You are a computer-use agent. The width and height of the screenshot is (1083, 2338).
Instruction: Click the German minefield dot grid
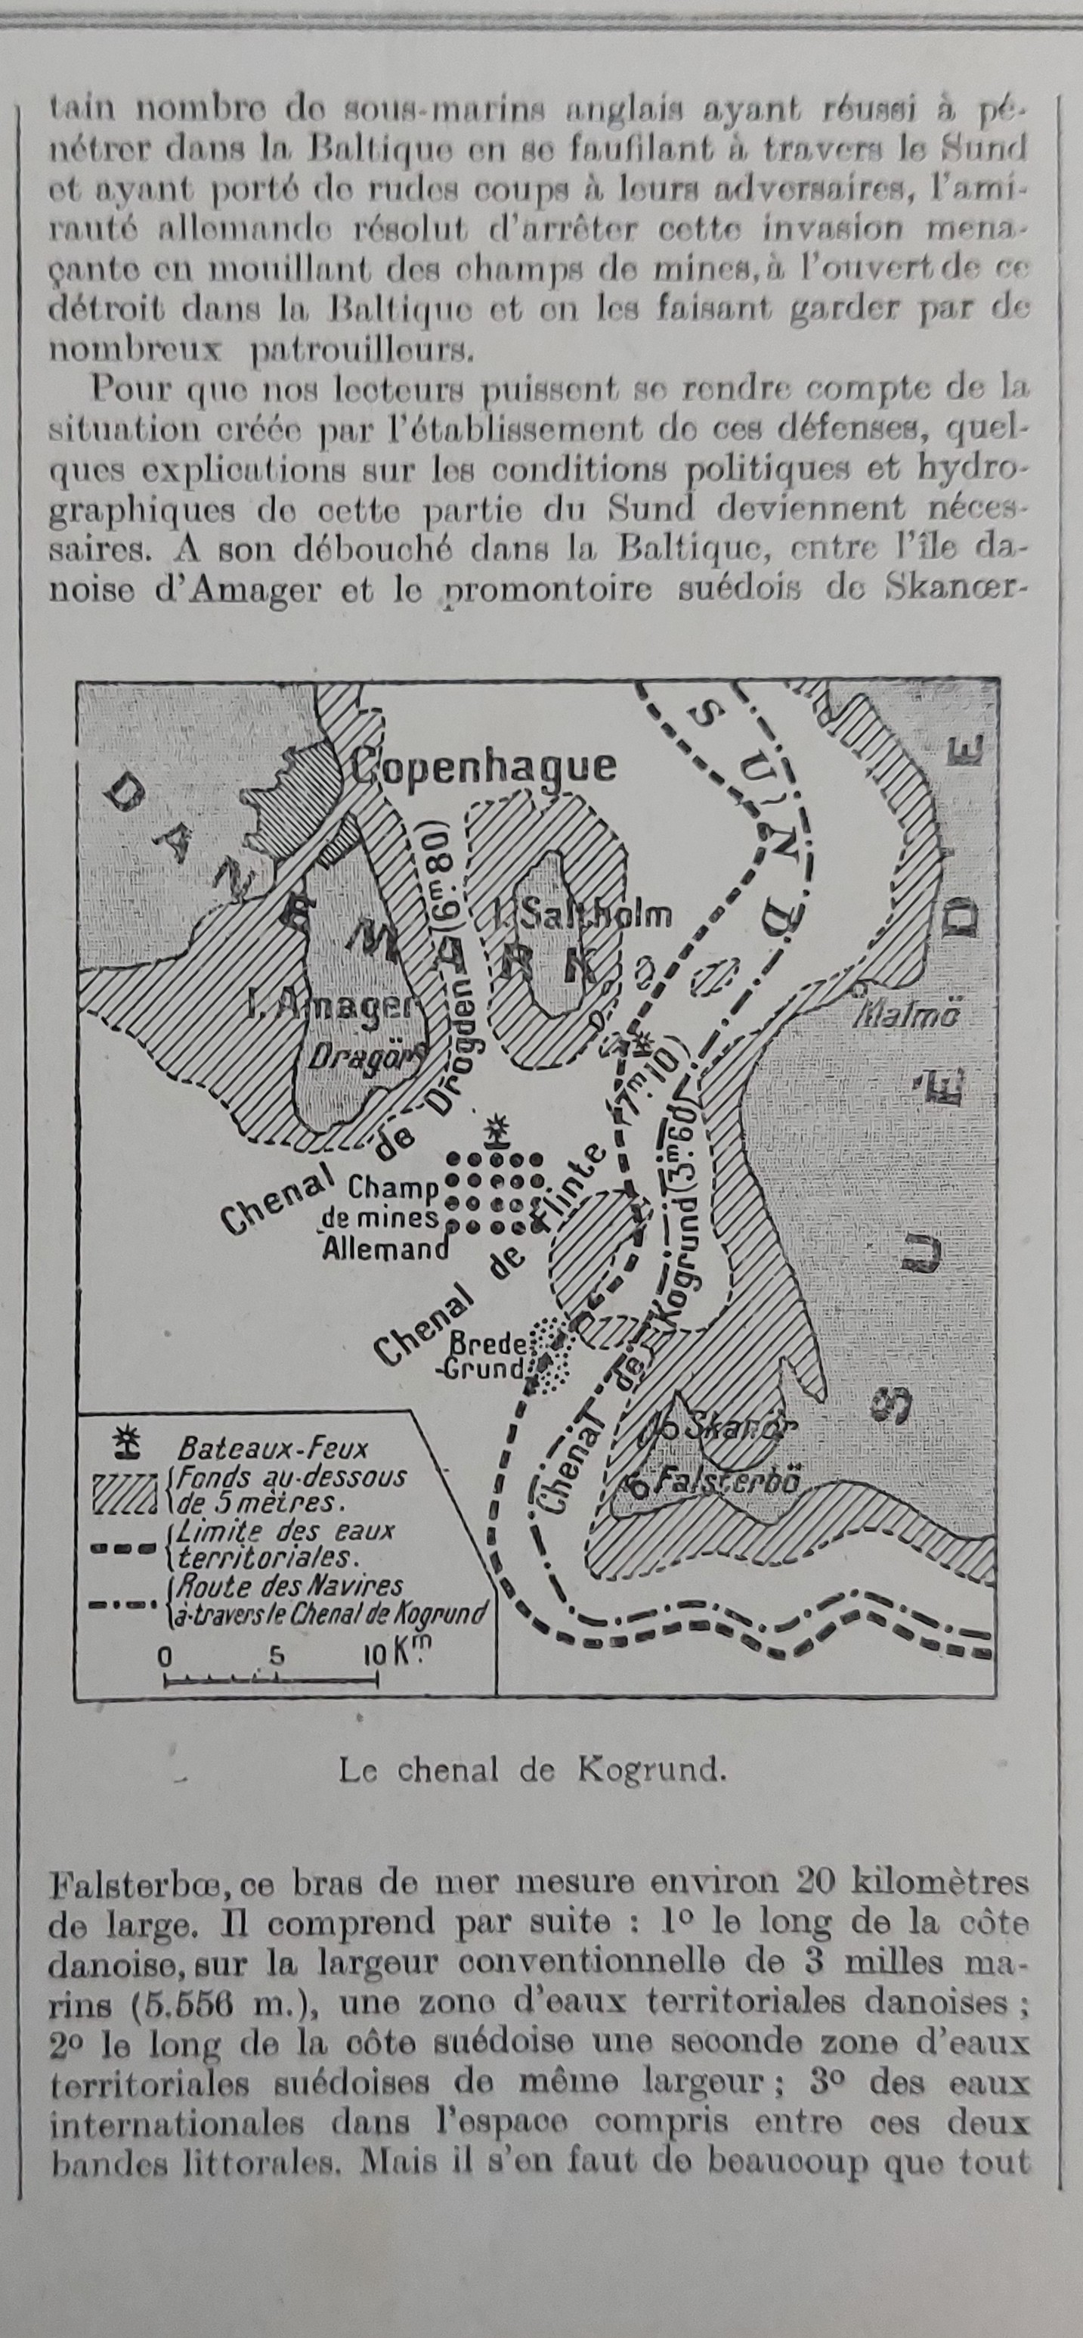495,1193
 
